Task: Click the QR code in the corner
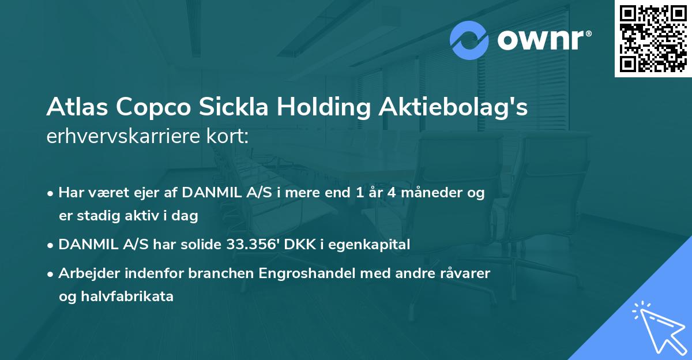coord(653,39)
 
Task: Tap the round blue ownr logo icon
coord(470,40)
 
